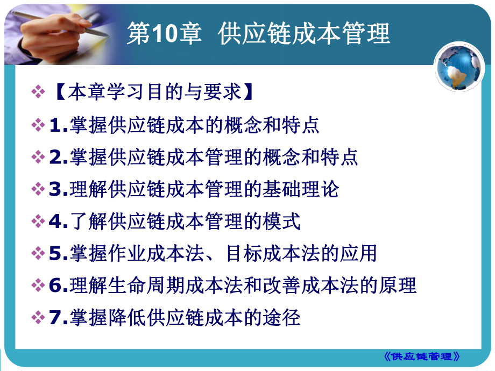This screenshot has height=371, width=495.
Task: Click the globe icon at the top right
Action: [x=458, y=70]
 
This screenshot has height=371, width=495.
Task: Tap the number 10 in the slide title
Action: [x=157, y=34]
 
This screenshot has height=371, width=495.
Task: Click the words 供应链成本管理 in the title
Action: [x=304, y=34]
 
